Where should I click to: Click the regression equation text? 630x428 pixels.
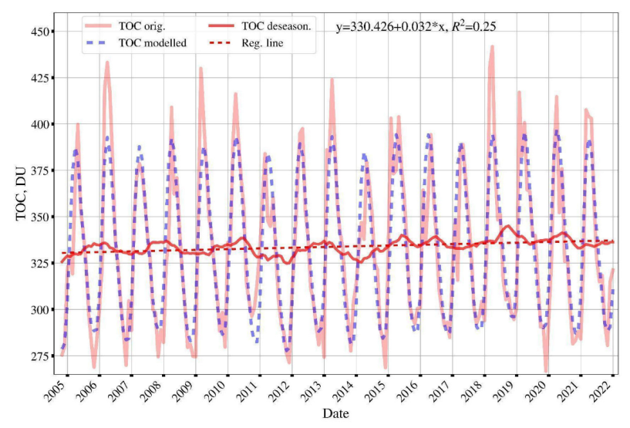[x=416, y=26]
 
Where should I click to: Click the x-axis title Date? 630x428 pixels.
[x=335, y=414]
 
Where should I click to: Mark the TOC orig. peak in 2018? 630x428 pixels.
[x=492, y=47]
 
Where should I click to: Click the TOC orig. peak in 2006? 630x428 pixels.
[x=107, y=62]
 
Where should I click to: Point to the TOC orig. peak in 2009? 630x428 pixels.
[x=200, y=68]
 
